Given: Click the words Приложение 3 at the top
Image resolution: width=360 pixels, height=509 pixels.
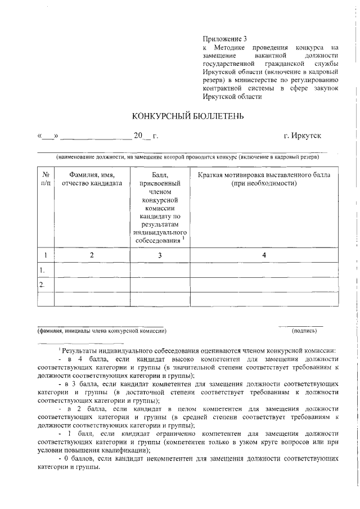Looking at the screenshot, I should [x=224, y=39].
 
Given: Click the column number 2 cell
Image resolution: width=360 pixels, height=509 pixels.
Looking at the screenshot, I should [x=92, y=255].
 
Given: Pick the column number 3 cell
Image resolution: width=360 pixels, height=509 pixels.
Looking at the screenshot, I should [x=160, y=255].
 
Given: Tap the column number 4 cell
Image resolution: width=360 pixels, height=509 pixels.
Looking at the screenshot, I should [x=264, y=255].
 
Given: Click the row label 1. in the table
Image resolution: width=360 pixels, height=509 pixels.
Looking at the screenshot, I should [x=42, y=270].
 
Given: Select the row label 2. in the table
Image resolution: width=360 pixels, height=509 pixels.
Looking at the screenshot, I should [x=42, y=285].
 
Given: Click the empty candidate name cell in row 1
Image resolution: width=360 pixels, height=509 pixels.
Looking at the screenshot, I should [x=92, y=270].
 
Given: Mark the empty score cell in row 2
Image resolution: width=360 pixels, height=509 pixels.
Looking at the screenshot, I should [x=160, y=285].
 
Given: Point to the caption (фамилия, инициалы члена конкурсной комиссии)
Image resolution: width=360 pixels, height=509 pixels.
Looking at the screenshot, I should [x=102, y=331].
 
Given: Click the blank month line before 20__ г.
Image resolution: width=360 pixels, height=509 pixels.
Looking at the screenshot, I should [x=96, y=137].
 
